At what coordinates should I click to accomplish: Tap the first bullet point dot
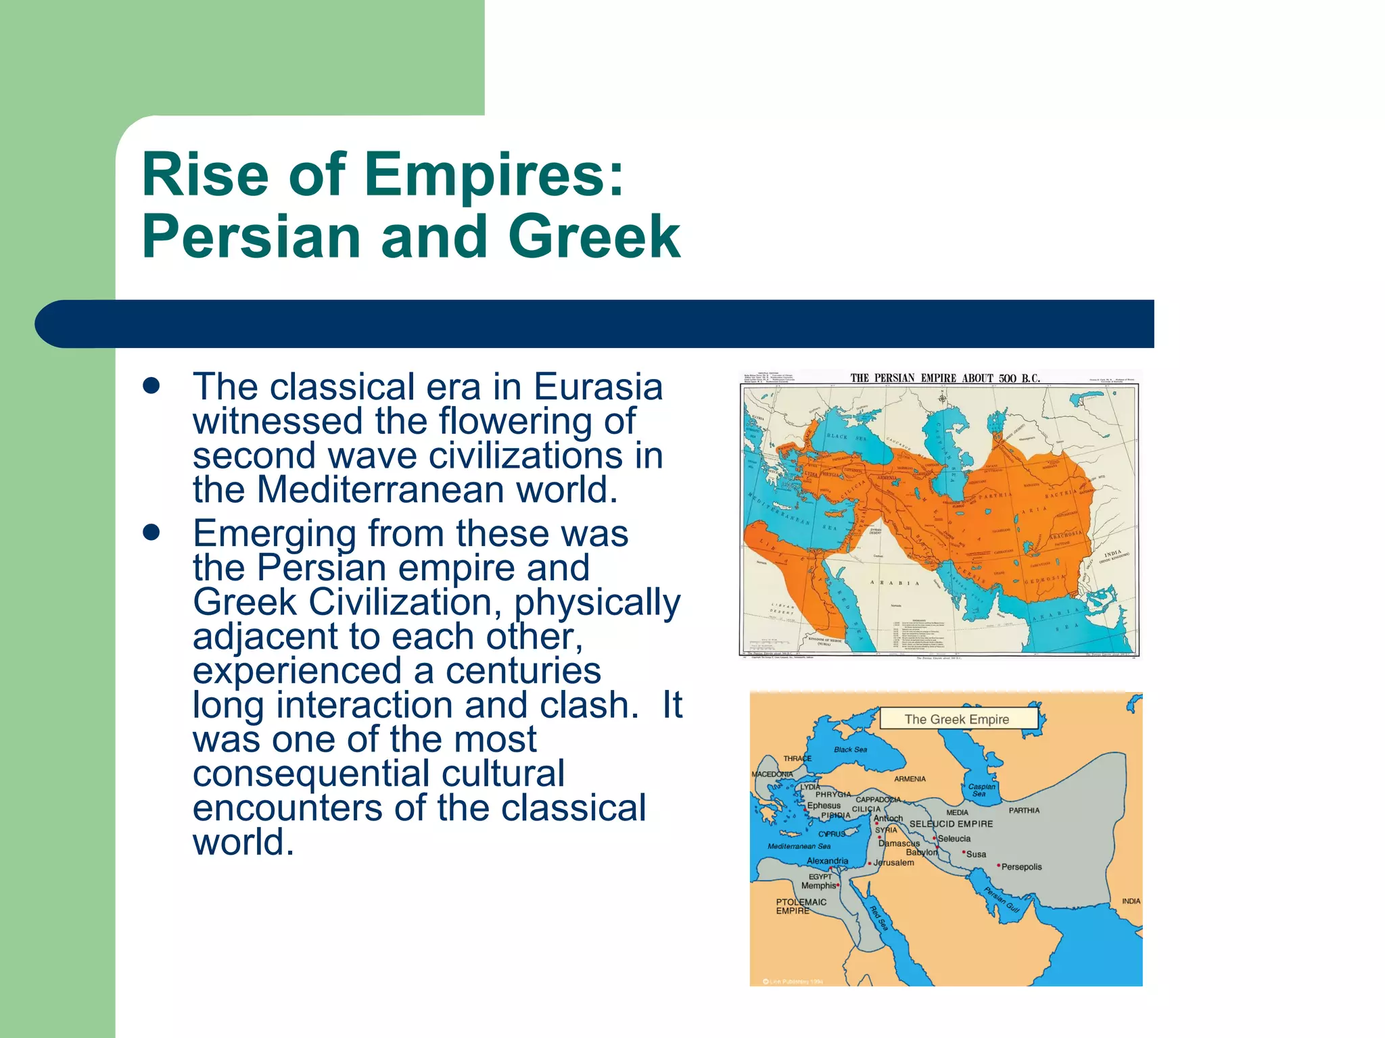click(x=151, y=386)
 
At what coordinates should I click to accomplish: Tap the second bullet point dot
click(x=151, y=533)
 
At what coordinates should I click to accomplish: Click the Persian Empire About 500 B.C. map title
click(x=945, y=378)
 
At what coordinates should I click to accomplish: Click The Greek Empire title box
click(x=957, y=719)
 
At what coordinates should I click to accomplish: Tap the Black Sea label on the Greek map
click(x=850, y=749)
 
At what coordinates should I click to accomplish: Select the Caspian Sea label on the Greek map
click(x=981, y=790)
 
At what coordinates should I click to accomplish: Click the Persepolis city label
click(x=1021, y=867)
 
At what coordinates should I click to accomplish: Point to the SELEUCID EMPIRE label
click(x=951, y=824)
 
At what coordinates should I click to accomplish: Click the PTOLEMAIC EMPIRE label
click(x=801, y=906)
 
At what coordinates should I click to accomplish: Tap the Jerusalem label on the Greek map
click(x=893, y=863)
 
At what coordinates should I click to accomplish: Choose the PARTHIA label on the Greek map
click(x=1024, y=810)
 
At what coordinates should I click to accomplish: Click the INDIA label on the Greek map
click(x=1131, y=901)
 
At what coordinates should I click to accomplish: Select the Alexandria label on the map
click(x=827, y=861)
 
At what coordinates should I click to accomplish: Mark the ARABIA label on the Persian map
click(x=894, y=583)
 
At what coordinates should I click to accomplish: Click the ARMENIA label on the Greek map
click(x=910, y=779)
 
